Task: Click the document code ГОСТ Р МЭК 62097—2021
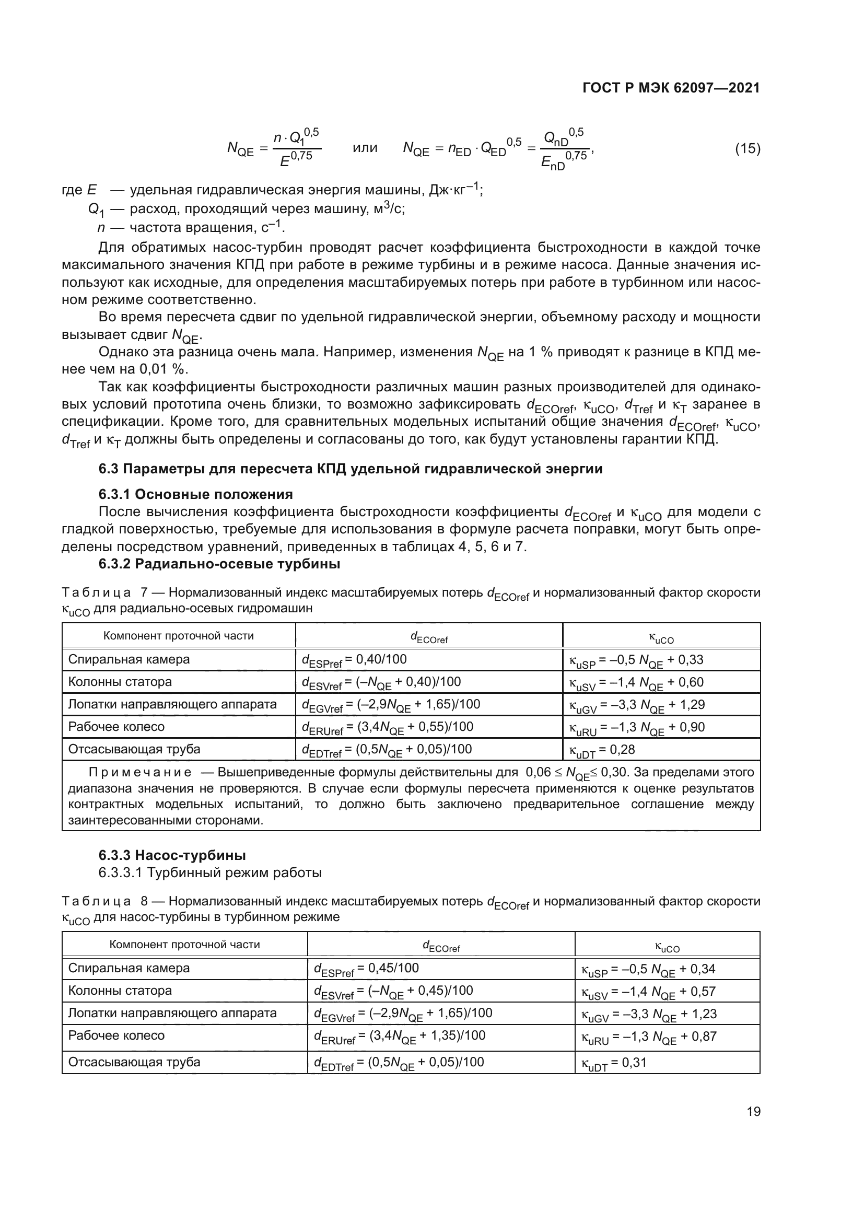pos(671,88)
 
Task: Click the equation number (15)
pos(748,148)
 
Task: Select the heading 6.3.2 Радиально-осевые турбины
pos(219,564)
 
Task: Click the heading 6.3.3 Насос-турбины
pos(172,855)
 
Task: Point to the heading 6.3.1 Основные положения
pos(195,494)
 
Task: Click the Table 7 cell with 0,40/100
pos(354,660)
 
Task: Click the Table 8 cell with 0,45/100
pos(366,969)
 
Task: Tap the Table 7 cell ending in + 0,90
pos(637,728)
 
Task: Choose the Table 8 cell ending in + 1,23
pos(649,1014)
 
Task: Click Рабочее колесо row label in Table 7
pos(116,727)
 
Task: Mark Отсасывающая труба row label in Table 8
pos(134,1062)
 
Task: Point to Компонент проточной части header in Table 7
pos(178,636)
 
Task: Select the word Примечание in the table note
pos(140,772)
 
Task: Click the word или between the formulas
pos(365,148)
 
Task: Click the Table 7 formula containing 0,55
pos(387,728)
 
